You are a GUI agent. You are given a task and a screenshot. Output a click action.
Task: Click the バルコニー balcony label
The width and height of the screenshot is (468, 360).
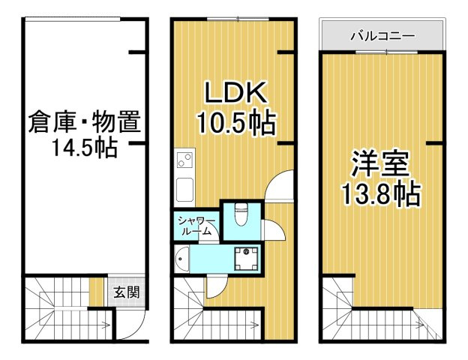point(383,34)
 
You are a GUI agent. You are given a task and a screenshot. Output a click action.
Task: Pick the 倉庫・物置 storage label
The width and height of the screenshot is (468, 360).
point(85,120)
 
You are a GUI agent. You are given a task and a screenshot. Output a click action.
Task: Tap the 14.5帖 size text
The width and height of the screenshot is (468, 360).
point(84,147)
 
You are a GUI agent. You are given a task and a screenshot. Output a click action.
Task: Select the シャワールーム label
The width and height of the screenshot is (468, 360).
point(196,225)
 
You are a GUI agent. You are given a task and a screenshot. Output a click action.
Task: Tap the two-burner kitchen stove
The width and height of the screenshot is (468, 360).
point(184,160)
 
